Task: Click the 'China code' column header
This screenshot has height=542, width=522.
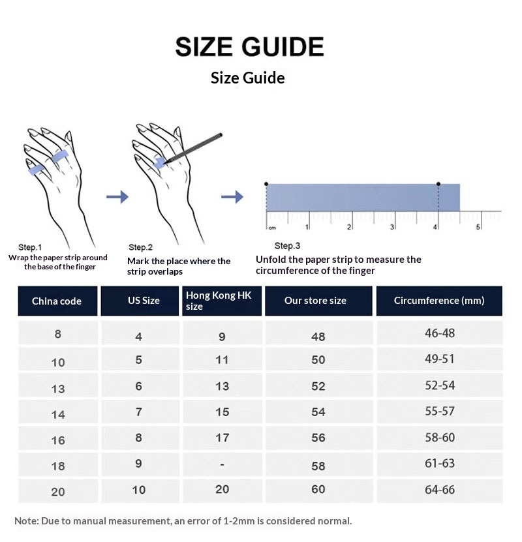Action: [x=57, y=301]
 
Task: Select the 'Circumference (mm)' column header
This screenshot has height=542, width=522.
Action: [x=439, y=301]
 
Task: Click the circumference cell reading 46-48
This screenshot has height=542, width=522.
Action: [x=439, y=333]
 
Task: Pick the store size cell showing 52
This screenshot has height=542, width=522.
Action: [x=318, y=385]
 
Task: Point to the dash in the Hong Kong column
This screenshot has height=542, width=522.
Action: [x=222, y=464]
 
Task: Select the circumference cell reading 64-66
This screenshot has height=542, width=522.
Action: [x=439, y=490]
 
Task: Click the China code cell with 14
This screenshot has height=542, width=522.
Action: [x=58, y=414]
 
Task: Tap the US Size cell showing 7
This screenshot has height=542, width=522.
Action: [x=138, y=412]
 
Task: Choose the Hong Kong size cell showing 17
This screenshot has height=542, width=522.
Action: [x=222, y=438]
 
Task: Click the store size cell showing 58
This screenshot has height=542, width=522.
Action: [x=318, y=466]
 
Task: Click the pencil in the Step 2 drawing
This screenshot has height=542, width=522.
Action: [x=194, y=148]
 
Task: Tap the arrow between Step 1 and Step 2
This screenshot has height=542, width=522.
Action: [x=117, y=197]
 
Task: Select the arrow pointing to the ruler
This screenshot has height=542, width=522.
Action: [x=232, y=197]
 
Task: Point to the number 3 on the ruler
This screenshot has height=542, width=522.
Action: [x=392, y=227]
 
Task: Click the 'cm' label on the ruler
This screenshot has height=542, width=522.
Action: [x=272, y=228]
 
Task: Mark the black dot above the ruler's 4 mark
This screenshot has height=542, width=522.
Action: [x=438, y=184]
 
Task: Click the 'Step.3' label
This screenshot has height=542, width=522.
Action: [x=287, y=246]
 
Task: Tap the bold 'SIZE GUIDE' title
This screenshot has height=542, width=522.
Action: [x=250, y=47]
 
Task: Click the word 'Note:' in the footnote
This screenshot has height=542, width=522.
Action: [x=27, y=521]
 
